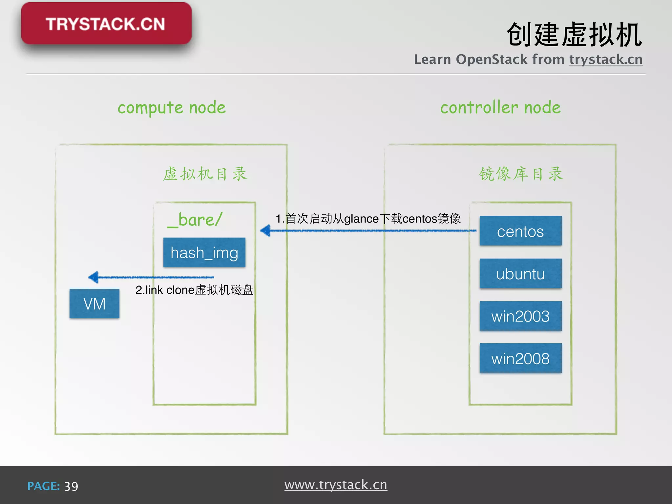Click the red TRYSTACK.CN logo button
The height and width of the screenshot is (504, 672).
tap(106, 24)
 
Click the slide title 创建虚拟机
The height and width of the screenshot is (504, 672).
tap(574, 35)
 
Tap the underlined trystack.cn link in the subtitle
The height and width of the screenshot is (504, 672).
tap(605, 60)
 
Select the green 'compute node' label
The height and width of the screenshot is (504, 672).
tap(172, 108)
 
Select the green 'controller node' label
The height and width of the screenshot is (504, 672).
tap(500, 108)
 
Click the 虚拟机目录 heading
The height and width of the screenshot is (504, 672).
tap(205, 174)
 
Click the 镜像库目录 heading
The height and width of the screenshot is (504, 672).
tap(521, 174)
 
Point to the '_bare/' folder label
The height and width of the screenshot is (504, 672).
tap(195, 220)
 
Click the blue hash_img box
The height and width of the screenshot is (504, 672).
tap(204, 252)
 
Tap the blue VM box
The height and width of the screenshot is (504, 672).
tap(94, 304)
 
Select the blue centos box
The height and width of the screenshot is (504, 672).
tap(520, 231)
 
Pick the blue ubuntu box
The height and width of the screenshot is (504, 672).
tap(520, 274)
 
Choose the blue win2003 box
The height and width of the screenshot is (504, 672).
tap(520, 316)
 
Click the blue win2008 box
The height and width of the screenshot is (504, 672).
tap(520, 358)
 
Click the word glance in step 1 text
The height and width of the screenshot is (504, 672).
tap(361, 219)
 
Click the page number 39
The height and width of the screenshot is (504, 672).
tap(71, 486)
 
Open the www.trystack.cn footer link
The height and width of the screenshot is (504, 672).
tap(336, 485)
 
